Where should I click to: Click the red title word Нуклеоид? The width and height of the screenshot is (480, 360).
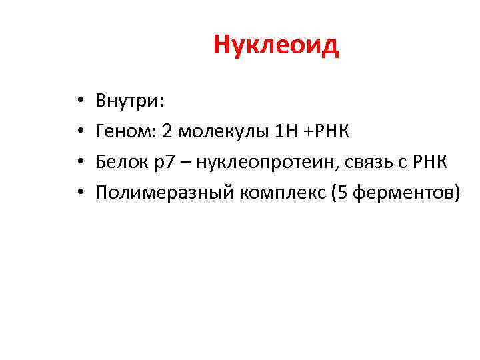tap(276, 46)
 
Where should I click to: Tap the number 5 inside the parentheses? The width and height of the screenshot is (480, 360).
tap(351, 193)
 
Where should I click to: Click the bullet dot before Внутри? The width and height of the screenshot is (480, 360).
tap(79, 102)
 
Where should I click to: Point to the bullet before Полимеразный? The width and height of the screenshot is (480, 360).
tap(79, 194)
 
